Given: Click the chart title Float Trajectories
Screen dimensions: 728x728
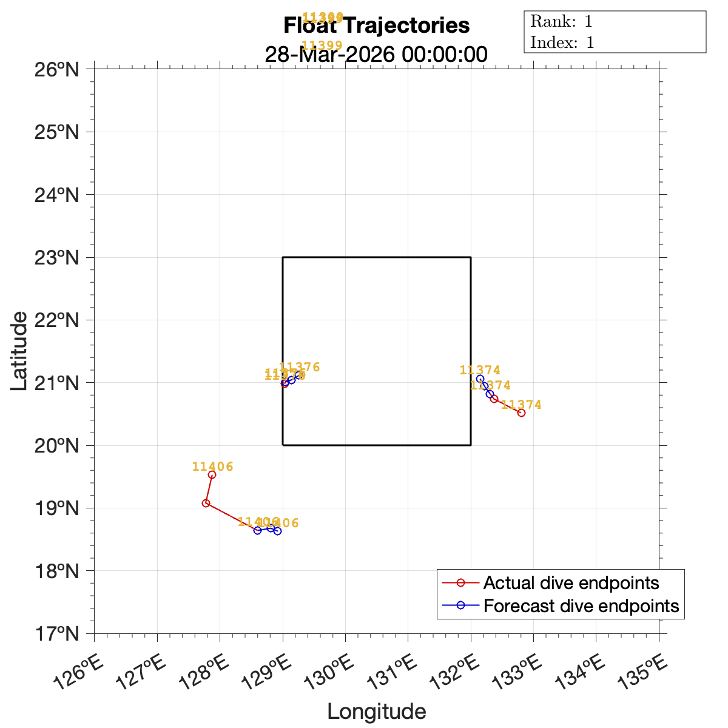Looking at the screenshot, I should tap(376, 26).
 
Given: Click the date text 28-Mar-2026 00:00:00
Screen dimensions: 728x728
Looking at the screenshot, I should tap(376, 55).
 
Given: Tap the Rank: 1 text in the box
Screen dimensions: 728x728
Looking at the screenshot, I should tap(561, 22).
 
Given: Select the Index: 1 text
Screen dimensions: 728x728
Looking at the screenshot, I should tap(562, 42).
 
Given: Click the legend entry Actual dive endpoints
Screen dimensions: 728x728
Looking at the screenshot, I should tap(571, 583).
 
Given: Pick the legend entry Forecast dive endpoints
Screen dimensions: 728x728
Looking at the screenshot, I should tap(581, 606).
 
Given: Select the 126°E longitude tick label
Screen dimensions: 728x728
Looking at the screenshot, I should tap(79, 673).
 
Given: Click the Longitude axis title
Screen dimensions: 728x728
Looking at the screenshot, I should tap(376, 711).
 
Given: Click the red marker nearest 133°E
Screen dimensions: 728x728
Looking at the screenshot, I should tap(521, 413).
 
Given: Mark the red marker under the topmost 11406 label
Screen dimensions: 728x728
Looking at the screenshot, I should tap(212, 475).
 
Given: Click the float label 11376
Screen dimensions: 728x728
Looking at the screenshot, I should tap(299, 367).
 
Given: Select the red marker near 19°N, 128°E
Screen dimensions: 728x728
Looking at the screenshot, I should tap(206, 503).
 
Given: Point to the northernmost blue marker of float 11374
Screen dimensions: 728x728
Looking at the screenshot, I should tap(480, 379).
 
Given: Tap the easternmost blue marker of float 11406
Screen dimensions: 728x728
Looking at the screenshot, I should tap(277, 531).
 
